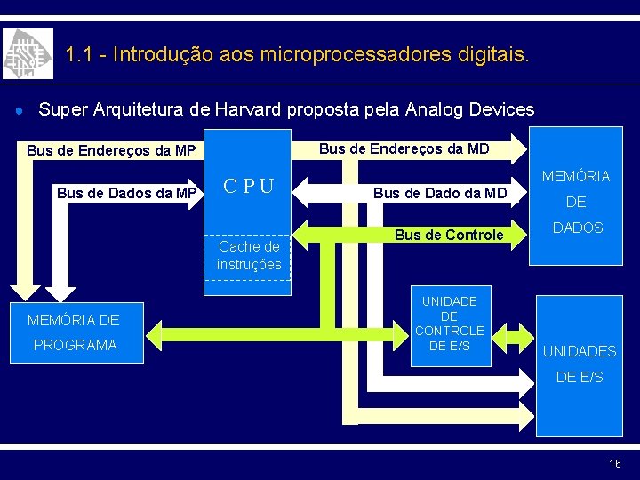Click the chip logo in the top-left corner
pos(28,54)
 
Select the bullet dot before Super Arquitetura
pos(19,110)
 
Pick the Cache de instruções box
pos(249,255)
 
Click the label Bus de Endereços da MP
pos(110,150)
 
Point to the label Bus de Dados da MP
pos(126,193)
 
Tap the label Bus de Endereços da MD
pos(404,148)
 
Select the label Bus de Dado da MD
pos(439,193)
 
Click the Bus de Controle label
pos(449,236)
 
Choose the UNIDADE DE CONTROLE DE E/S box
pos(449,324)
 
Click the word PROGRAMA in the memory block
pos(75,345)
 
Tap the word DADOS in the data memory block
pos(578,228)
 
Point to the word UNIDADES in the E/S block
pos(580,351)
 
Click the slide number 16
pos(615,464)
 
